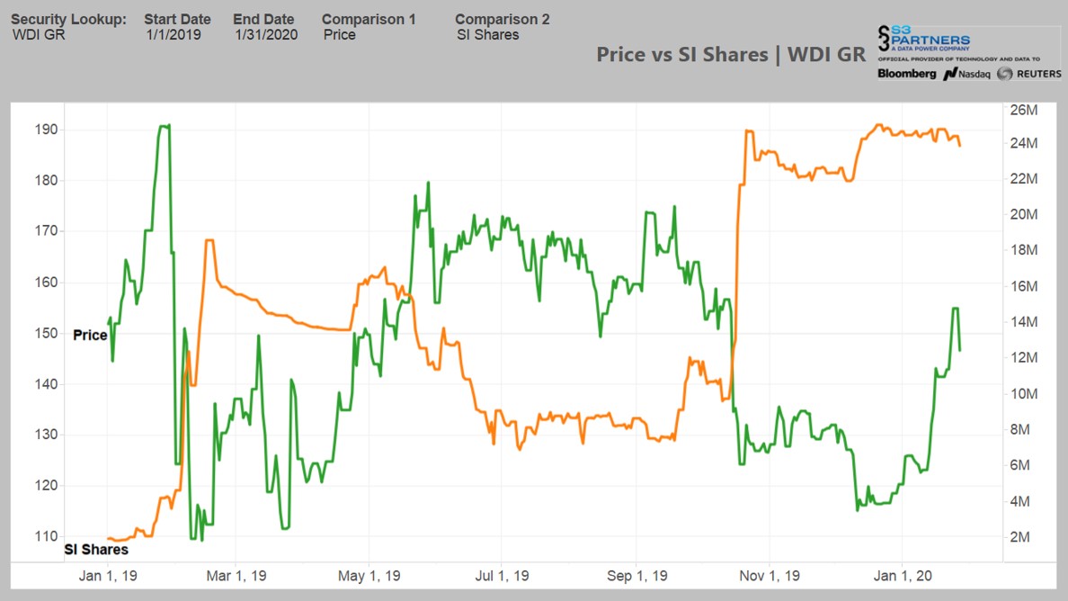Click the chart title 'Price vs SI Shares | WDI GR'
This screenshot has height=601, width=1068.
click(731, 54)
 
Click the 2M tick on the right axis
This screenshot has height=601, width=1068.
click(1020, 537)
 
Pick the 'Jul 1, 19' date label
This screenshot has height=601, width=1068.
click(503, 576)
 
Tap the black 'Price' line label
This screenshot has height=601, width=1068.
click(90, 335)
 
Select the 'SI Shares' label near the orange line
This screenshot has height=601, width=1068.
click(96, 549)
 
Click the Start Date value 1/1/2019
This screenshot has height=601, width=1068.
click(174, 35)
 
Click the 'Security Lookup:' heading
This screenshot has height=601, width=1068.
click(68, 19)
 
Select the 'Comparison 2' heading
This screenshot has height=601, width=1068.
click(502, 19)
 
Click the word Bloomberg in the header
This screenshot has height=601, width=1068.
click(906, 74)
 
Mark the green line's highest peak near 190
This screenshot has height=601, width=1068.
click(164, 126)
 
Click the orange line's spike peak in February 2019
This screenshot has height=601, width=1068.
click(209, 240)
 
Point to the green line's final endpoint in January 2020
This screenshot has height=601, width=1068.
click(960, 350)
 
